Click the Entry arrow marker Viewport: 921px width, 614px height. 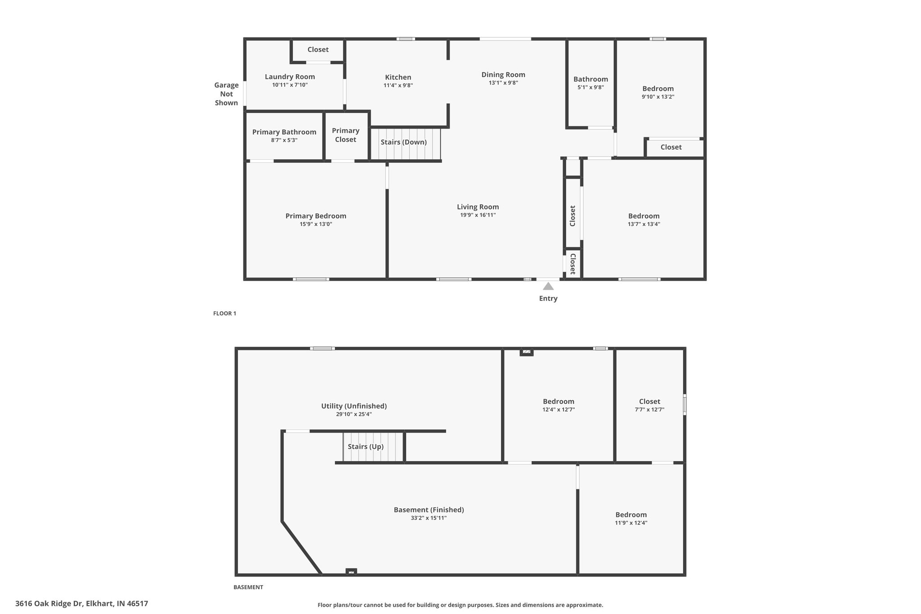click(x=548, y=286)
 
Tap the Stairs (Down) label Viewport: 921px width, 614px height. click(x=403, y=142)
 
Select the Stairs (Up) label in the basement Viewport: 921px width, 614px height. click(x=366, y=447)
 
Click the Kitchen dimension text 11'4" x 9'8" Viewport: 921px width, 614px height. click(x=398, y=85)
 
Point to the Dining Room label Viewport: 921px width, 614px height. click(x=503, y=75)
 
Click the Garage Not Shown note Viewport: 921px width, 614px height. click(x=226, y=94)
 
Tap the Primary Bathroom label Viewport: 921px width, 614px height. click(x=284, y=132)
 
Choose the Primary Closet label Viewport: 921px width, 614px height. click(x=345, y=135)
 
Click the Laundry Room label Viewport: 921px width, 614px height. click(x=290, y=77)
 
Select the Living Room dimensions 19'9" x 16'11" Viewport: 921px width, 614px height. click(x=478, y=215)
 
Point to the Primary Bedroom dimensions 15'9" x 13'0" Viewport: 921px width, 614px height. click(x=316, y=224)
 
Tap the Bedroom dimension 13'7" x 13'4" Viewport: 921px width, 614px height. click(x=644, y=224)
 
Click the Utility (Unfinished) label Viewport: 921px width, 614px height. click(x=354, y=406)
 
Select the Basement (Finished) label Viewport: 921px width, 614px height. click(x=429, y=510)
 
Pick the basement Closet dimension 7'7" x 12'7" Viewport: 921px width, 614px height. click(x=649, y=410)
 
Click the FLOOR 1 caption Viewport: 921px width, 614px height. click(x=224, y=314)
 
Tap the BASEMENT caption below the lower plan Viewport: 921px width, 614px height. click(x=248, y=587)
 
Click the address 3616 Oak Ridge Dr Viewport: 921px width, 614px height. click(x=49, y=604)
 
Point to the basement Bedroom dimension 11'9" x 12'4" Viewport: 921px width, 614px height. click(x=631, y=523)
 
